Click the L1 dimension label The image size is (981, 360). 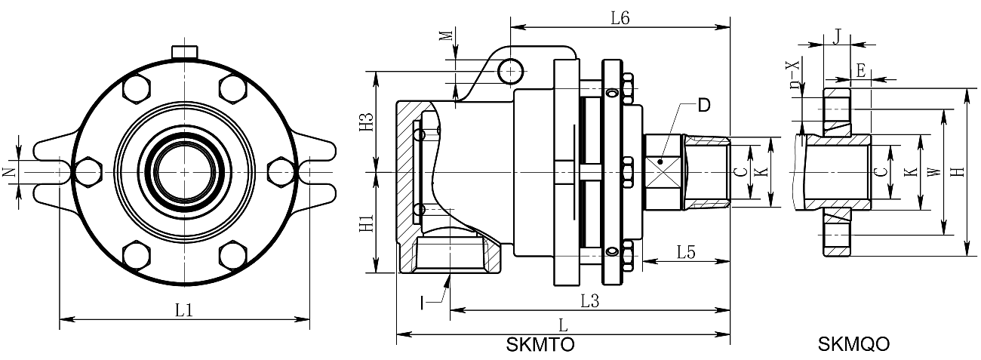pyautogui.click(x=183, y=309)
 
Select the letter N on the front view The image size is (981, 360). pyautogui.click(x=8, y=172)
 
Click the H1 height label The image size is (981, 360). pyautogui.click(x=366, y=223)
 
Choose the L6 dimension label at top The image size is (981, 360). pyautogui.click(x=620, y=19)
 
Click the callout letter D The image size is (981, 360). pyautogui.click(x=703, y=106)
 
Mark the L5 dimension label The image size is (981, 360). pyautogui.click(x=685, y=252)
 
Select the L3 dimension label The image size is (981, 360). pyautogui.click(x=589, y=300)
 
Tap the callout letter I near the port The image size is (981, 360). pyautogui.click(x=424, y=303)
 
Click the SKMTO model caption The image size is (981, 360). pyautogui.click(x=540, y=346)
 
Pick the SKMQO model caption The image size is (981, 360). pyautogui.click(x=853, y=346)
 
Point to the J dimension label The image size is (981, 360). pyautogui.click(x=836, y=35)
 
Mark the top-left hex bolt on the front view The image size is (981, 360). pyautogui.click(x=136, y=89)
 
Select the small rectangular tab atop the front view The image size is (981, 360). pyautogui.click(x=184, y=51)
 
